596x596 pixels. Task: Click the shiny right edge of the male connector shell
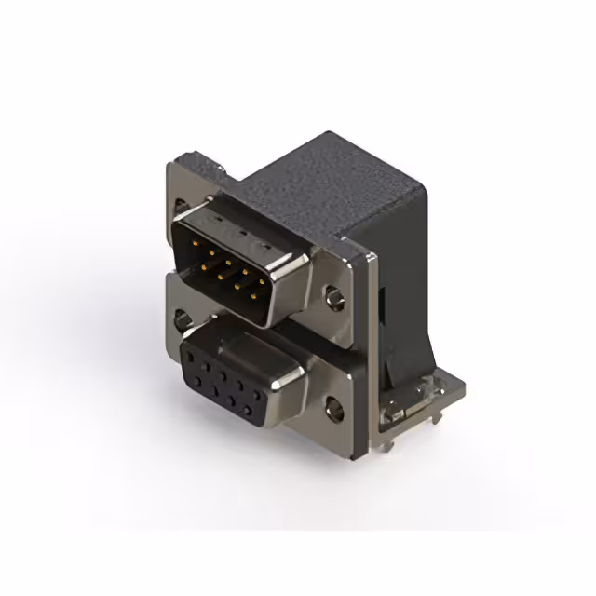tap(279, 298)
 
